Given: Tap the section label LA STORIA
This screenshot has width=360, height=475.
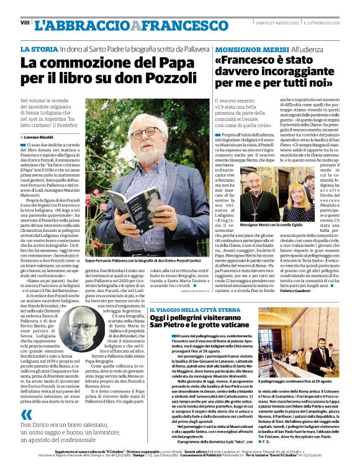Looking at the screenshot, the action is pyautogui.click(x=40, y=48).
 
